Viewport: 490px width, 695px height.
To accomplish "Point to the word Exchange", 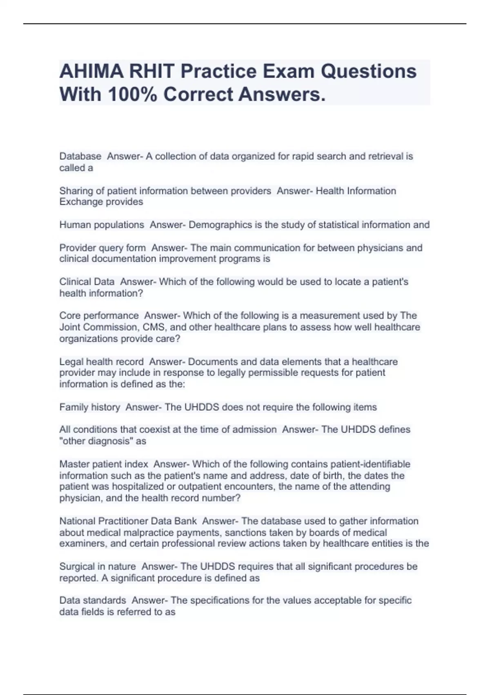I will coord(80,202).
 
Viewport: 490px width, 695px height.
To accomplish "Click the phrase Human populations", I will coord(102,225).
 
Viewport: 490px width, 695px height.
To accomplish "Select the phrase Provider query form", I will coord(102,248).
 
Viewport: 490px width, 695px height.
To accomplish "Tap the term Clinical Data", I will coord(87,282).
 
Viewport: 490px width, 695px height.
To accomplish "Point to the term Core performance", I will coord(99,316).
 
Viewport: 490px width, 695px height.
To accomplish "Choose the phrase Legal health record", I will coord(101,362).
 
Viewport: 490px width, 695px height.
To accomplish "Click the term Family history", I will coord(90,407).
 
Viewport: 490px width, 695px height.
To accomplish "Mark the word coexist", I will coord(157,429).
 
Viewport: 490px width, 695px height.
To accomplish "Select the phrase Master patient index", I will coord(104,464).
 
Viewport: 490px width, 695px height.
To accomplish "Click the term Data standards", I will coord(93,600).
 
